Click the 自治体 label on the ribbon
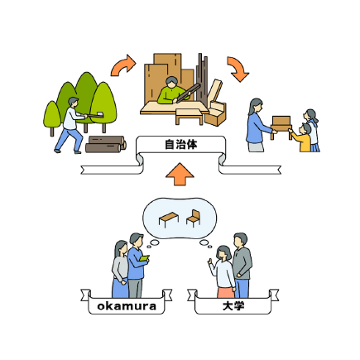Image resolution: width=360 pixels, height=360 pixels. [180, 145]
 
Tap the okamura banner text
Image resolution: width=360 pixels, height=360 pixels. [127, 306]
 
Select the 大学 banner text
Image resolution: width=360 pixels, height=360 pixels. [233, 306]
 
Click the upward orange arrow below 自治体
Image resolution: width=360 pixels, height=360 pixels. [180, 174]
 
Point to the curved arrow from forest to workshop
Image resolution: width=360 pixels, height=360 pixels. [122, 65]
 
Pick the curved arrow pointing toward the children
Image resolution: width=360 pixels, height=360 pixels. [238, 69]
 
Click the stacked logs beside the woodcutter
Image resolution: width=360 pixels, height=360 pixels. [106, 144]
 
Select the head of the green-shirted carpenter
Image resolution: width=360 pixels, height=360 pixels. [171, 82]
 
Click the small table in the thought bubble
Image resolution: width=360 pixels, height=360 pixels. [169, 219]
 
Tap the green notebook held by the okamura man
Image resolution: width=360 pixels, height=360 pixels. [144, 258]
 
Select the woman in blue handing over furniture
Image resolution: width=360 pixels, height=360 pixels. [258, 125]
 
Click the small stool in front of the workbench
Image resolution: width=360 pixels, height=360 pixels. [190, 116]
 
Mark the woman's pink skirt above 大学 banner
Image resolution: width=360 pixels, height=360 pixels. [226, 292]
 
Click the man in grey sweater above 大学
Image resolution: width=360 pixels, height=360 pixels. [242, 265]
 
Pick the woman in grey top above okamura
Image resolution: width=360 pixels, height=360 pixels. [120, 269]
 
